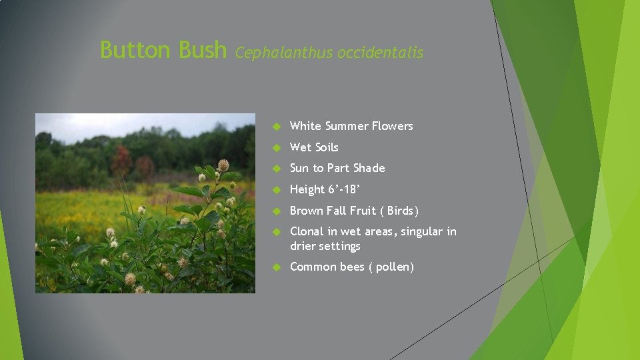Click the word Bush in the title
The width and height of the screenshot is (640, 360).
click(x=203, y=49)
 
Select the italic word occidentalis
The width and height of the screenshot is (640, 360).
click(x=380, y=53)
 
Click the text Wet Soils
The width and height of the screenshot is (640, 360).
click(x=314, y=147)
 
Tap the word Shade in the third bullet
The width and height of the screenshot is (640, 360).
click(x=369, y=168)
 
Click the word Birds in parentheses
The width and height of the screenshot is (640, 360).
click(x=400, y=211)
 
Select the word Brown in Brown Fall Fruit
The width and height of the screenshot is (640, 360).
click(x=307, y=211)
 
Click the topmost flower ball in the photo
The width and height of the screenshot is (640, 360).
click(x=223, y=164)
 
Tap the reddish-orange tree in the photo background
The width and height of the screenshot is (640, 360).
click(x=122, y=161)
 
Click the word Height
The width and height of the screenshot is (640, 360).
click(x=307, y=189)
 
